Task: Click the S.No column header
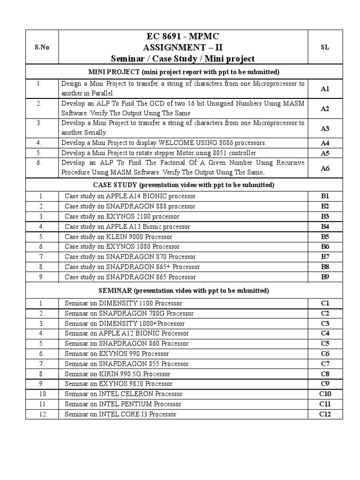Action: pyautogui.click(x=42, y=47)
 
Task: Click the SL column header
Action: pyautogui.click(x=325, y=47)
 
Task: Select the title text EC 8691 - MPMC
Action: pyautogui.click(x=183, y=37)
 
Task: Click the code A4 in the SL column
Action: pyautogui.click(x=325, y=143)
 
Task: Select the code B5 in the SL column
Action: pyautogui.click(x=325, y=237)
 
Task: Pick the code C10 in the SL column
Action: pyautogui.click(x=325, y=394)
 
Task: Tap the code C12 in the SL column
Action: pyautogui.click(x=325, y=414)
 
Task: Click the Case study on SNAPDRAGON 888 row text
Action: pyautogui.click(x=130, y=207)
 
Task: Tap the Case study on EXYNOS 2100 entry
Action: pyautogui.click(x=122, y=217)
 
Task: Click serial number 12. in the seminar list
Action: pyautogui.click(x=41, y=414)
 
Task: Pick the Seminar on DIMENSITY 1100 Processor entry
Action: pyautogui.click(x=123, y=303)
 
